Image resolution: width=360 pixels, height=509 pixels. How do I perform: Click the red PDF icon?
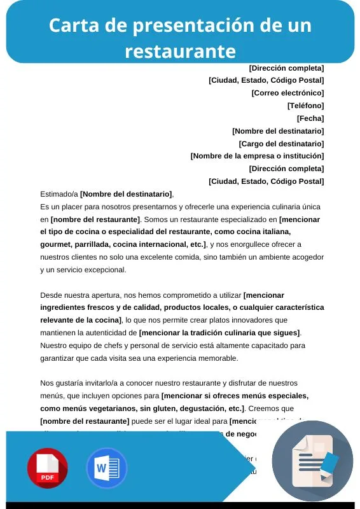[47, 468]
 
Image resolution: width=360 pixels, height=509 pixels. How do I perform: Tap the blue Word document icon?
[106, 468]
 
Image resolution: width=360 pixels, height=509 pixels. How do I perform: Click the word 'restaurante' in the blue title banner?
[180, 50]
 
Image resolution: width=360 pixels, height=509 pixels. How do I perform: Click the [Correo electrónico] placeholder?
[287, 93]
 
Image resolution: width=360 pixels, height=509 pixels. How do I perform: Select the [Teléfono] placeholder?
[305, 106]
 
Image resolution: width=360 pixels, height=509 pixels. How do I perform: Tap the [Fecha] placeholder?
[310, 118]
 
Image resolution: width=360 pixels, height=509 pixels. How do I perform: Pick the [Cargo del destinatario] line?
[281, 144]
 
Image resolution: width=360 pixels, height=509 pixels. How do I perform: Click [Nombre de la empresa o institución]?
[257, 156]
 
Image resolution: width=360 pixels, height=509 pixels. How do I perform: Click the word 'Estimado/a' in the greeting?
[59, 194]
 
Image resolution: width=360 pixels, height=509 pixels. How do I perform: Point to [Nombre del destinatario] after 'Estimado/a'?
[126, 194]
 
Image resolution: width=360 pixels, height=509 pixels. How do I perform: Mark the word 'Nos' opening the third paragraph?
[47, 383]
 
